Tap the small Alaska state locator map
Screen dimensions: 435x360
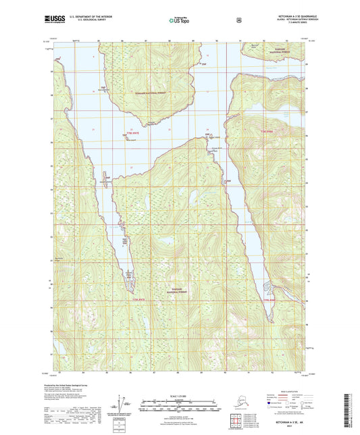(234, 409)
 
